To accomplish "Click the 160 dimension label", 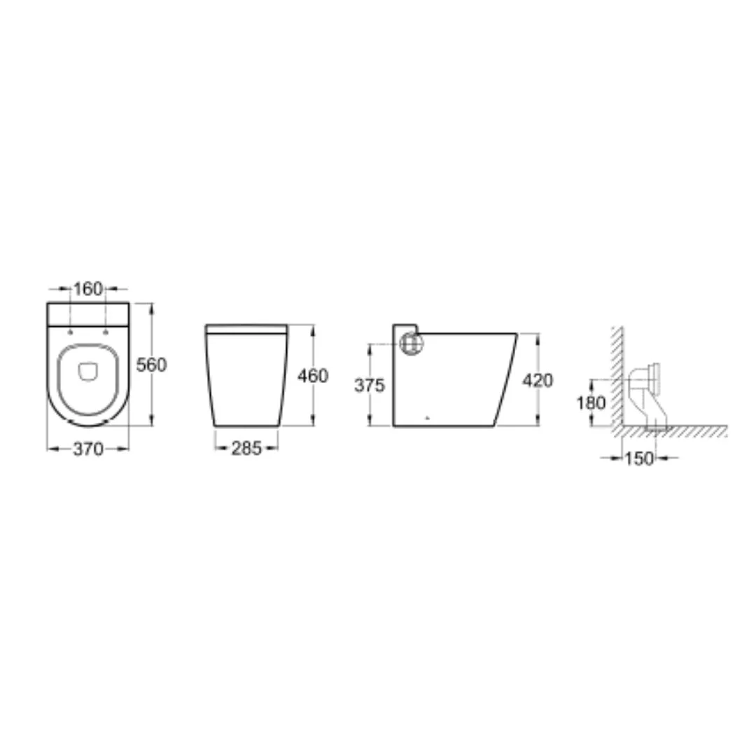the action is click(x=87, y=289).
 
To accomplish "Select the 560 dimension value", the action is click(x=151, y=365).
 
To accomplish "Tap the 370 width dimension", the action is click(x=88, y=449).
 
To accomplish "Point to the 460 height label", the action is click(x=313, y=376).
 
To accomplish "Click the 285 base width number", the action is click(x=246, y=449).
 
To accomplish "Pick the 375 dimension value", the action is click(x=370, y=385).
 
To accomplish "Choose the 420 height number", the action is click(x=538, y=380).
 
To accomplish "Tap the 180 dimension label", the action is click(x=591, y=402).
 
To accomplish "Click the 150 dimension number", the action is click(x=639, y=458).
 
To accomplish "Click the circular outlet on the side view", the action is click(x=412, y=343).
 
